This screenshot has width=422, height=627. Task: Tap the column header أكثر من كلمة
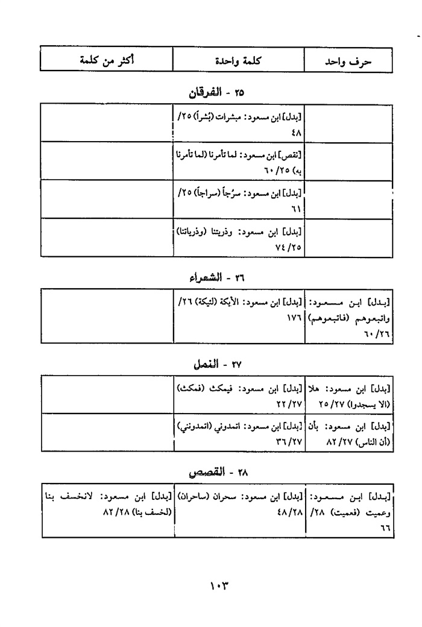108,60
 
